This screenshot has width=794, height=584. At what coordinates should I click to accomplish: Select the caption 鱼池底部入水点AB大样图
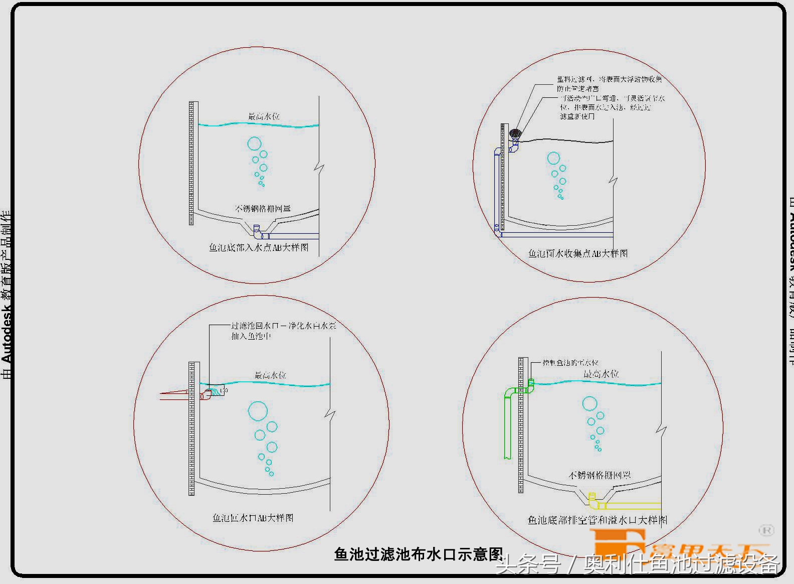[x=259, y=247]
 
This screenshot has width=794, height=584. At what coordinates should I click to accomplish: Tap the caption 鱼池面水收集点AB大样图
[x=578, y=253]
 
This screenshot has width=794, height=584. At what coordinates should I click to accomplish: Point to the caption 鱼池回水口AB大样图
[x=253, y=517]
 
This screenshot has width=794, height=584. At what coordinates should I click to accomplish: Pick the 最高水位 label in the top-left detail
[x=264, y=116]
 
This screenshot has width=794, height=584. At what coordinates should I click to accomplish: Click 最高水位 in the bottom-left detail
[x=270, y=375]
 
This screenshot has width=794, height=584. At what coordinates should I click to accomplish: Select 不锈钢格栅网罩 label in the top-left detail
[x=263, y=208]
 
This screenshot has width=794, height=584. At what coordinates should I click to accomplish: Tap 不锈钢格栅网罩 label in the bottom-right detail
[x=600, y=475]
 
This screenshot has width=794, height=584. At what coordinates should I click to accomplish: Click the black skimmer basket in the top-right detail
[x=516, y=133]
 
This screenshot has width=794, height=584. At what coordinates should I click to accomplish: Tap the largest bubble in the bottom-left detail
[x=258, y=411]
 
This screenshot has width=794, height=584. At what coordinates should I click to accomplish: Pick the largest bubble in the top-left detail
[x=254, y=144]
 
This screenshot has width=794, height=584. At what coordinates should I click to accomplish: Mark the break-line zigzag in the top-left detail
[x=319, y=167]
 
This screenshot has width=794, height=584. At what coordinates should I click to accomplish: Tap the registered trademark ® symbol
[x=766, y=530]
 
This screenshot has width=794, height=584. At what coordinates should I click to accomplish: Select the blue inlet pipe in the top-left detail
[x=293, y=236]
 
